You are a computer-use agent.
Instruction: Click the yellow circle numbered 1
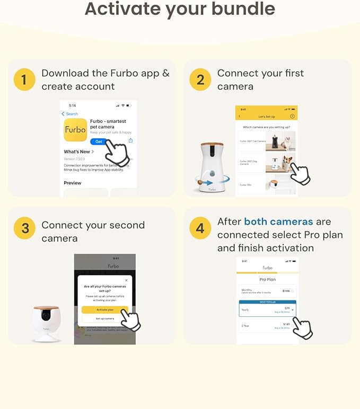(24, 80)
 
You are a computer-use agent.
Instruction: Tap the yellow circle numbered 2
(200, 80)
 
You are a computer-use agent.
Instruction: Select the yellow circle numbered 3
(24, 229)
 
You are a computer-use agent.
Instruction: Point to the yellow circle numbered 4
(200, 229)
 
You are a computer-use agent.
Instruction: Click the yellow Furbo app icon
(75, 130)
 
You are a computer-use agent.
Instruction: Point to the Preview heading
(73, 183)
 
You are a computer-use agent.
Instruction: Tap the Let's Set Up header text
(266, 116)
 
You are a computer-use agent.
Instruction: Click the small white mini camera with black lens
(46, 323)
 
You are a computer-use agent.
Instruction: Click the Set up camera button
(105, 318)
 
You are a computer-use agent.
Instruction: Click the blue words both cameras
(278, 221)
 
